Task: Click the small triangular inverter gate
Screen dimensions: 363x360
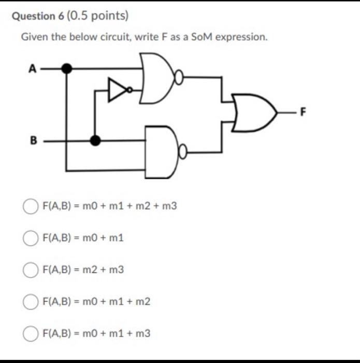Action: pos(117,90)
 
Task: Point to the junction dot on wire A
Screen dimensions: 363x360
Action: pos(66,68)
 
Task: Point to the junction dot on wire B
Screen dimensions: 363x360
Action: pos(95,139)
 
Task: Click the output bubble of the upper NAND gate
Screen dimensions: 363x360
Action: pos(179,79)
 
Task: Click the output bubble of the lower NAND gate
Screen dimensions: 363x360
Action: pos(182,152)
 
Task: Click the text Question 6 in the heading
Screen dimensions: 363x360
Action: pos(37,16)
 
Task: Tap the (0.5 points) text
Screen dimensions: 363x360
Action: pos(97,16)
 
